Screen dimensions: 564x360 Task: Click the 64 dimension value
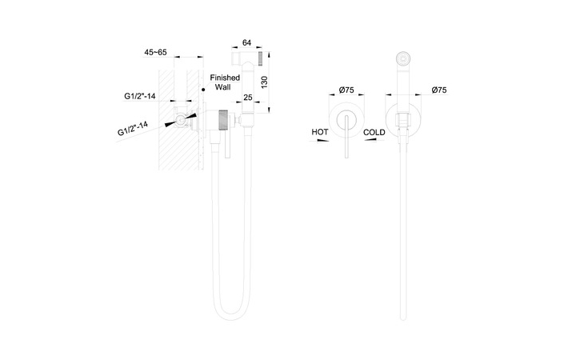click(246, 42)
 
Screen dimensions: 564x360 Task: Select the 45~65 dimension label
click(155, 52)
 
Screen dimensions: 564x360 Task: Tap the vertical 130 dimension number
click(264, 82)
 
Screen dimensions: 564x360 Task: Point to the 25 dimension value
click(248, 97)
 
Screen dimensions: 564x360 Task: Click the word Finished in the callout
click(225, 78)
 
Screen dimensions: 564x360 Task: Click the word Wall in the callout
click(223, 87)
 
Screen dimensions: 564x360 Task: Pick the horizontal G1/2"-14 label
click(140, 96)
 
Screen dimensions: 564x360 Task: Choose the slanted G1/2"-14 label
click(133, 128)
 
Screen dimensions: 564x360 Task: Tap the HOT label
click(320, 132)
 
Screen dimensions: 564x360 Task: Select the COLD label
click(374, 132)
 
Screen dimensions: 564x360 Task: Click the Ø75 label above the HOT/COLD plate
click(346, 90)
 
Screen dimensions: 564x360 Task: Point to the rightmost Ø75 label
click(439, 90)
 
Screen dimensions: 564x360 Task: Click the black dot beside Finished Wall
click(203, 89)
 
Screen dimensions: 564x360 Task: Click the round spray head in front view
click(403, 58)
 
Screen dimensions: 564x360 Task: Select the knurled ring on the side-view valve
click(223, 120)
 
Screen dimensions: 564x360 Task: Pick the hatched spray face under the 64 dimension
click(261, 59)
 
